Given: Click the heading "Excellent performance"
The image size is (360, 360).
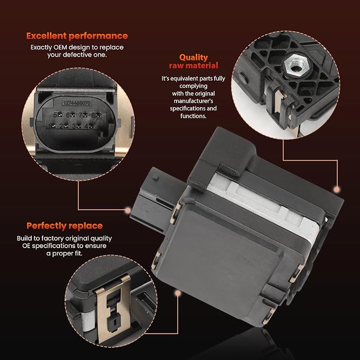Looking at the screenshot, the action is [77, 36].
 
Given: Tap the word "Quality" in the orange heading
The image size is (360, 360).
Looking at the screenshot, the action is [194, 57].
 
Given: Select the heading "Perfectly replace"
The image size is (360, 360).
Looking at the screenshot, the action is [65, 226].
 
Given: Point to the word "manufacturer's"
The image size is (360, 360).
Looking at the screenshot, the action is [194, 101].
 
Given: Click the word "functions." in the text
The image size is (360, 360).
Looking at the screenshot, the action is [194, 116].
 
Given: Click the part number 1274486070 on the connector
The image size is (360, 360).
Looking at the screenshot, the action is [77, 103].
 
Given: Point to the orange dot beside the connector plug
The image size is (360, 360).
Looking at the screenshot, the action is [128, 210].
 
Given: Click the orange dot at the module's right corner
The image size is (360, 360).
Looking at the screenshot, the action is [337, 189].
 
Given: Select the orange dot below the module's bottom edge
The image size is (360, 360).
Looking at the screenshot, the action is [178, 293].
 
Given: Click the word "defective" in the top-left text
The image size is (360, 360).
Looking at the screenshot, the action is [77, 55].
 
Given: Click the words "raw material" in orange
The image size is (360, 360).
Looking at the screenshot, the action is [194, 66].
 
